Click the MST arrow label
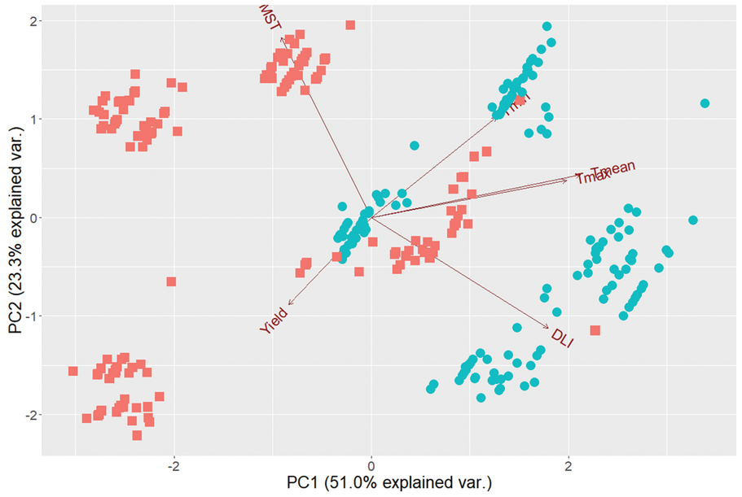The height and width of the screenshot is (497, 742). tap(268, 17)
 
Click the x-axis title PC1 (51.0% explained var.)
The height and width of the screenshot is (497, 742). tap(389, 483)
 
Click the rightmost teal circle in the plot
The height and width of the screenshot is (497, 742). tap(705, 103)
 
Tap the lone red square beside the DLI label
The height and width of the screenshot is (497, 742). tap(595, 330)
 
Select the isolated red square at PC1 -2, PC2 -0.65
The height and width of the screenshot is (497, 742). tap(171, 281)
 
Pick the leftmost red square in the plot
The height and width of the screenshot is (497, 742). tap(72, 371)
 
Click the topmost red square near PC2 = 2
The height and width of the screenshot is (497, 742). tap(350, 25)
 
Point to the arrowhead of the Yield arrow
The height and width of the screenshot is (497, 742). tap(289, 303)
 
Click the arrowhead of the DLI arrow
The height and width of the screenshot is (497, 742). tap(548, 328)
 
